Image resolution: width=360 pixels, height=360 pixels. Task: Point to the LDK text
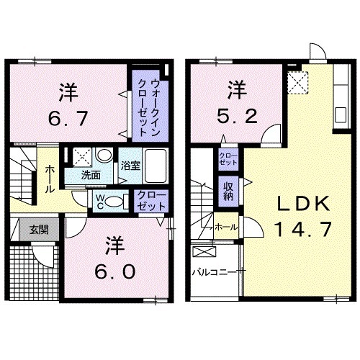coord(295,206)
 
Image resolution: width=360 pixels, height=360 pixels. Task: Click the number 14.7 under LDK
coord(296,230)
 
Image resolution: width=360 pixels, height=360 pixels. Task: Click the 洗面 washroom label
coord(89,174)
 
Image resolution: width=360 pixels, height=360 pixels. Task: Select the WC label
coord(100,199)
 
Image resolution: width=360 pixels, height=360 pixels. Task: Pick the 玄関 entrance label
coord(39,230)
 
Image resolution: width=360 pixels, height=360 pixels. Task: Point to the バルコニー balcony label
coord(215,272)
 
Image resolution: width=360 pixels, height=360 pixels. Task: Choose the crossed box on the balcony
coord(206,253)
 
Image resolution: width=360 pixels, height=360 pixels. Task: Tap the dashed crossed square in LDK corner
coord(296,82)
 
